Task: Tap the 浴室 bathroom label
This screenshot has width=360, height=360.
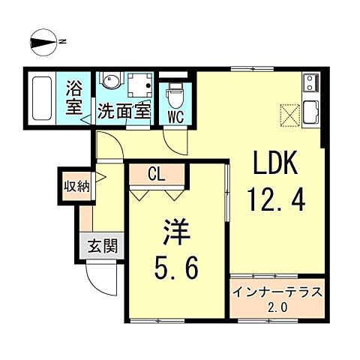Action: coord(73,96)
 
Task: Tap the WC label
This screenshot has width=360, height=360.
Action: coord(177,116)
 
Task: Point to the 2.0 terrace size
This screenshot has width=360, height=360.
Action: coord(277,307)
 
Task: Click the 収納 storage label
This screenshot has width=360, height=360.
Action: coord(76,185)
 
